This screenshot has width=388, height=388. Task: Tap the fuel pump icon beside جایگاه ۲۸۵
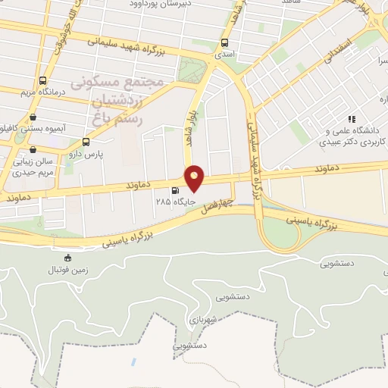point(177,191)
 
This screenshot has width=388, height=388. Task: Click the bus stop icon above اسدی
point(224,43)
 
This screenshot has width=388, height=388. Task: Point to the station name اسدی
point(224,55)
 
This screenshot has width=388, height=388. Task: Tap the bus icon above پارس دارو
point(86,142)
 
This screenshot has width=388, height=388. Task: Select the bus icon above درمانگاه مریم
point(42,80)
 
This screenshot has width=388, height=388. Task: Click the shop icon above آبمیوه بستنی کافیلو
point(33,117)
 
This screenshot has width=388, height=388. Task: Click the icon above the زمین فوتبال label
point(67,258)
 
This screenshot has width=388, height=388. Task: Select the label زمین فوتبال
point(67,270)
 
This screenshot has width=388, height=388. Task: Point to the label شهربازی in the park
point(204,318)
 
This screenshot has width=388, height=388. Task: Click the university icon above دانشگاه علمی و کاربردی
point(351,119)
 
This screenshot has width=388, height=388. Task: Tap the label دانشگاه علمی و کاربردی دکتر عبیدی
point(351,136)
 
